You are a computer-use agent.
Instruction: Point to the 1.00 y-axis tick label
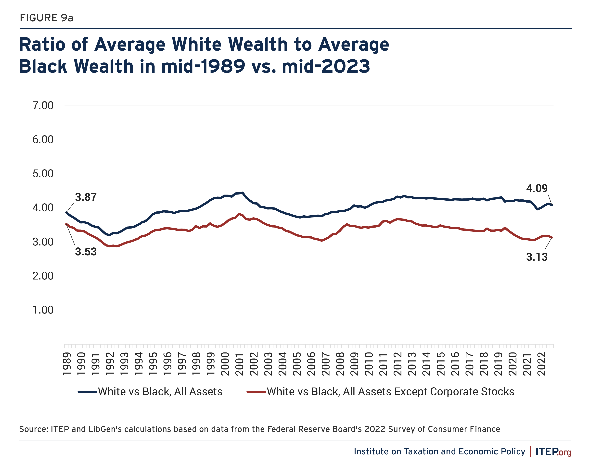43,310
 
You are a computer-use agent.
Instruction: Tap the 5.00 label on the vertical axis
43,174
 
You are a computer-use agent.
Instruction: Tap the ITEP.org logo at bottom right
553,452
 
